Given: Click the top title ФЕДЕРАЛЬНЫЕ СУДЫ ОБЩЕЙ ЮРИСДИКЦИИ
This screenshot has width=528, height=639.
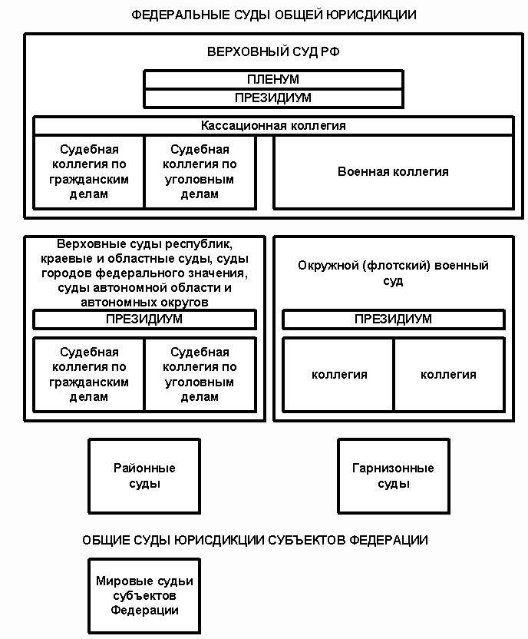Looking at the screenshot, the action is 273,15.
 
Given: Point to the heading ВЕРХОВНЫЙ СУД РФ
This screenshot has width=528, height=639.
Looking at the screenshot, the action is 273,51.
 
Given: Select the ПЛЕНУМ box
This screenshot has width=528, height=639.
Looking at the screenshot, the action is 273,79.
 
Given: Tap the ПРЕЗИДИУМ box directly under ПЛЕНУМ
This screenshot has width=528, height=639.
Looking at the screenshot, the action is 273,98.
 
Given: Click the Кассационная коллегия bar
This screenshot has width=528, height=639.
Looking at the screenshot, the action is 273,126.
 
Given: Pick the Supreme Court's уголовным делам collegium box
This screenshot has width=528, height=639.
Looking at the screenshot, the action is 200,172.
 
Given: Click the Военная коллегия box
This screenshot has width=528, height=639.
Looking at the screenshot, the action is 393,172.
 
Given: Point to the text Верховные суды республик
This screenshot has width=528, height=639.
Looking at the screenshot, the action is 144,244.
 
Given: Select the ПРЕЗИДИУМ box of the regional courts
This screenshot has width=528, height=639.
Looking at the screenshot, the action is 144,319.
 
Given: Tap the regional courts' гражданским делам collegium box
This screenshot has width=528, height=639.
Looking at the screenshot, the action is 89,375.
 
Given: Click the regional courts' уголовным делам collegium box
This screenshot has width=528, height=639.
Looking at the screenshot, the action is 200,375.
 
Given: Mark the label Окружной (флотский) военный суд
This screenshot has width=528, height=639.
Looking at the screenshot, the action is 393,273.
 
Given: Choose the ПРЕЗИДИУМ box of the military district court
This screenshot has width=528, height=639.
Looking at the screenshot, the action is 393,319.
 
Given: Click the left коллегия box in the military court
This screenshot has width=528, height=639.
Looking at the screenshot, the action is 338,375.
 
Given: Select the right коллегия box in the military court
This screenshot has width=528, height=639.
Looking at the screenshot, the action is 450,375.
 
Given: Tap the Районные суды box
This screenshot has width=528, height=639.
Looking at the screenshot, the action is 144,476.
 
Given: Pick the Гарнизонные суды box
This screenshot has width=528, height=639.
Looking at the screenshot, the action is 394,476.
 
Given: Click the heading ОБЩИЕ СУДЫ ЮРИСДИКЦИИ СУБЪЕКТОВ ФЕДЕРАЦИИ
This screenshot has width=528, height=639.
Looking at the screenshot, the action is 256,541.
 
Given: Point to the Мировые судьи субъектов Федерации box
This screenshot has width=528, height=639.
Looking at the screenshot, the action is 144,596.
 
